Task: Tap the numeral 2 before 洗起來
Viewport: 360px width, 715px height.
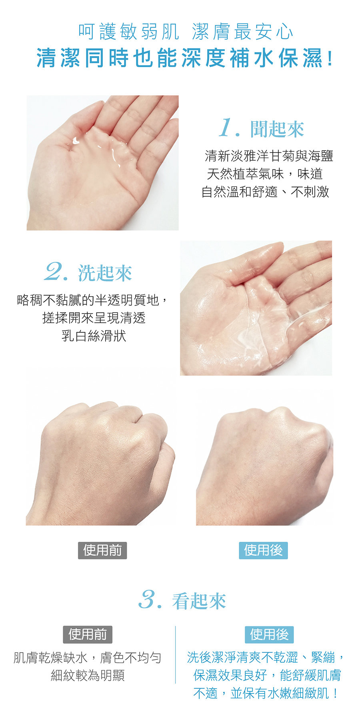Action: click(54, 272)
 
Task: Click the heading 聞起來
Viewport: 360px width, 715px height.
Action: click(277, 129)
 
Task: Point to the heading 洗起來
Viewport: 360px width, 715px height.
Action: click(105, 273)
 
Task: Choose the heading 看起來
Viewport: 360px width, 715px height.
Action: click(199, 601)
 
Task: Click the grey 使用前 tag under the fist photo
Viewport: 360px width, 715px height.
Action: click(102, 550)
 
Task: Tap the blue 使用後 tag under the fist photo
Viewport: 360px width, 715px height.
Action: click(263, 550)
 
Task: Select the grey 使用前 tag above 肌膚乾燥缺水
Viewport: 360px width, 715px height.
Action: click(88, 634)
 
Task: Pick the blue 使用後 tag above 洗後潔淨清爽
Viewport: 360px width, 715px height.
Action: click(269, 634)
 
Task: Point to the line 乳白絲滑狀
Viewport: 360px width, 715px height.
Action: click(94, 335)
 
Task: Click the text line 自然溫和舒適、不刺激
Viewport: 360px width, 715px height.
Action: click(265, 192)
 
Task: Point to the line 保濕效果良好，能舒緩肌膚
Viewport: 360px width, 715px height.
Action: click(267, 675)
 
